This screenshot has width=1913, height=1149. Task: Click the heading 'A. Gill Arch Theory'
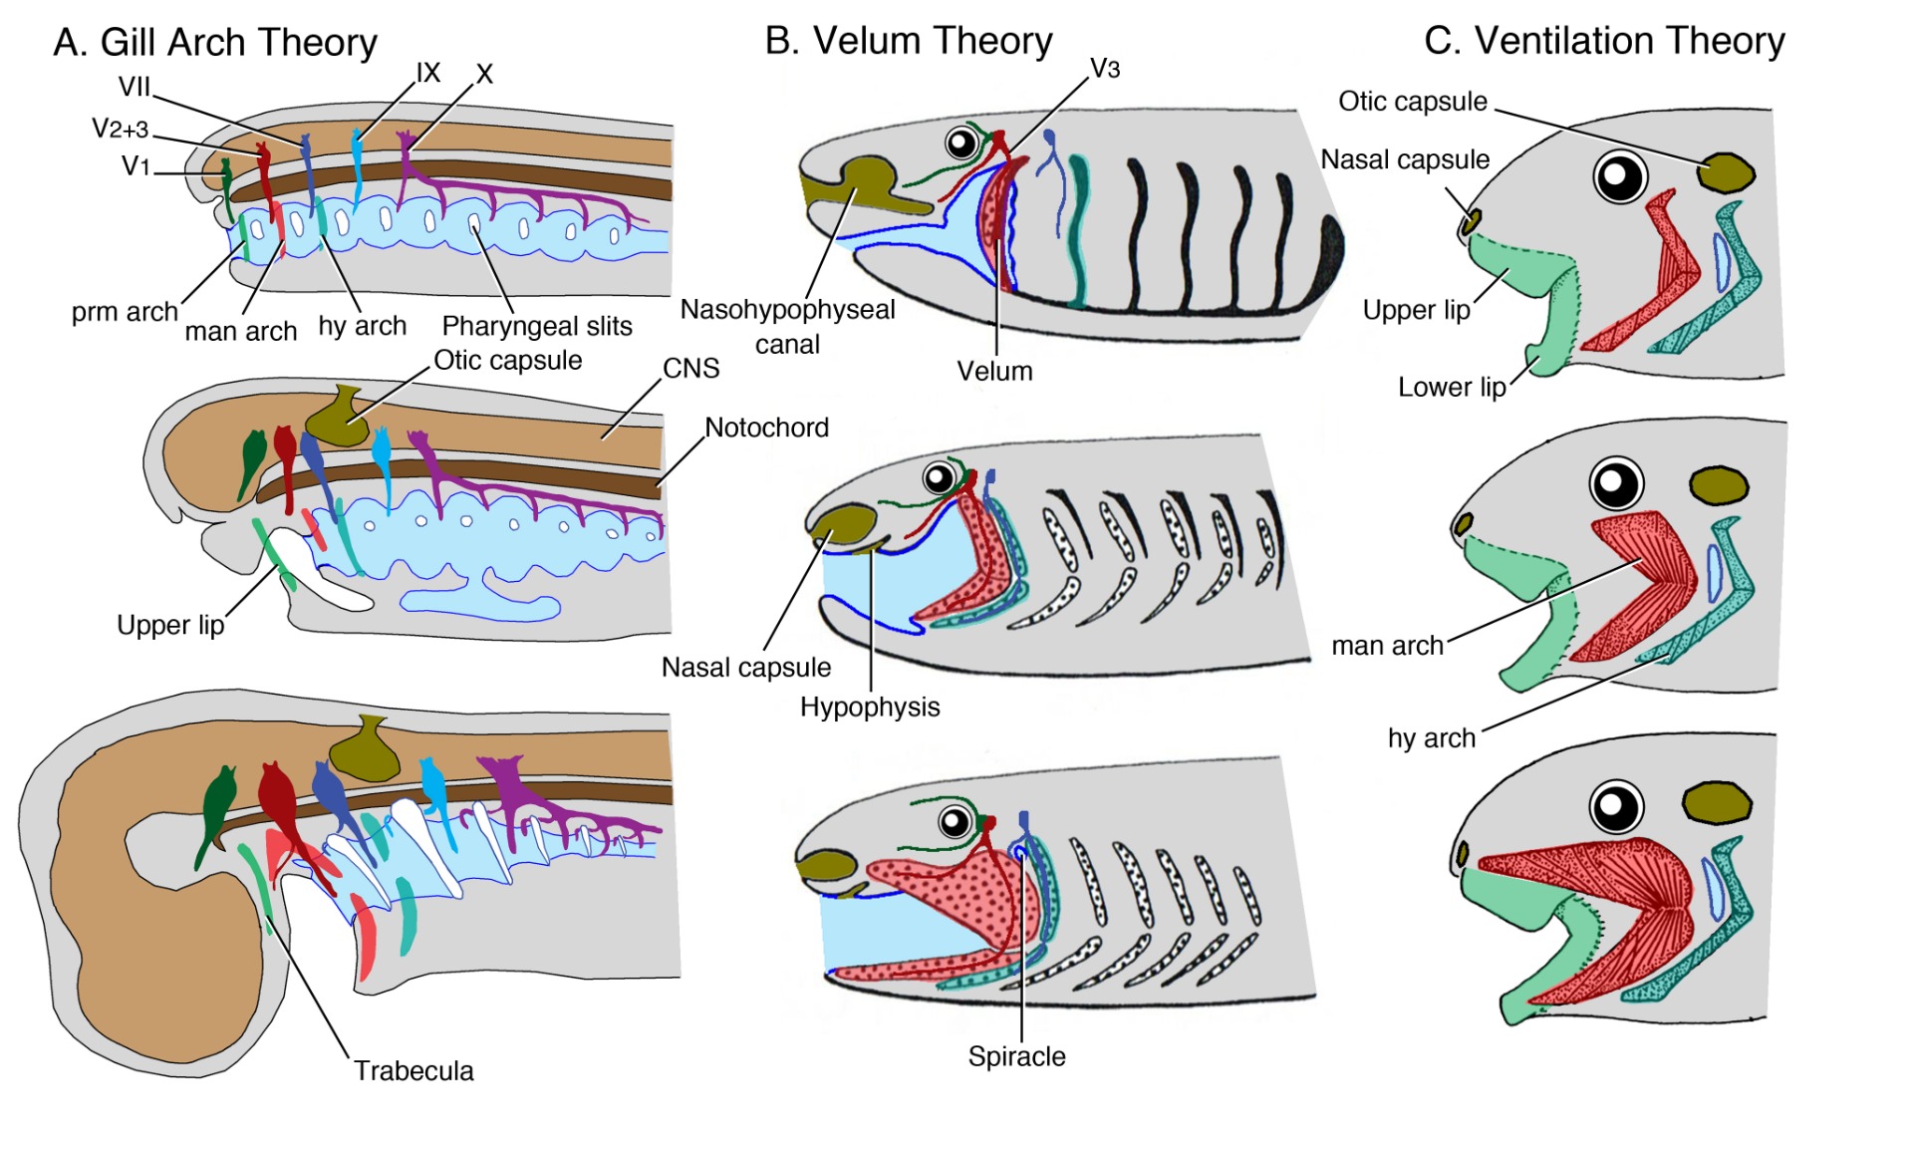pyautogui.click(x=215, y=43)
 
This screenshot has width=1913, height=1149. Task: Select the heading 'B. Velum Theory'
pyautogui.click(x=908, y=41)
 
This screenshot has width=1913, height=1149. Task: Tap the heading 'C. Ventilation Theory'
pyautogui.click(x=1604, y=41)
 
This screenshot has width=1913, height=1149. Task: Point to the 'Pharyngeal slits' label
pyautogui.click(x=537, y=326)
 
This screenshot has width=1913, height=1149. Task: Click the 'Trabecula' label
pyautogui.click(x=413, y=1071)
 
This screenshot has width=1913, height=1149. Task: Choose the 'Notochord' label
pyautogui.click(x=767, y=428)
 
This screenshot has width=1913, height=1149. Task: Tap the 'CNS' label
pyautogui.click(x=690, y=369)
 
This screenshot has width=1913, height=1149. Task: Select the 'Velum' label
pyautogui.click(x=994, y=372)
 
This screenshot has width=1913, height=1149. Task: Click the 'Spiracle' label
pyautogui.click(x=1016, y=1056)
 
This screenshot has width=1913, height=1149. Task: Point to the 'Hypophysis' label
pyautogui.click(x=870, y=708)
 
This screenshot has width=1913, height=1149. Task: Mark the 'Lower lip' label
pyautogui.click(x=1452, y=388)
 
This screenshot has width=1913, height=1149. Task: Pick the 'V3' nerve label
pyautogui.click(x=1105, y=69)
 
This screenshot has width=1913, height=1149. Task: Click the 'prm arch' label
pyautogui.click(x=125, y=312)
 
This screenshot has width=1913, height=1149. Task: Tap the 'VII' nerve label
pyautogui.click(x=135, y=87)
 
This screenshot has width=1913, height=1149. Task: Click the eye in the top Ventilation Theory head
pyautogui.click(x=1620, y=177)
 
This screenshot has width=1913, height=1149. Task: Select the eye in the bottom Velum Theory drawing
pyautogui.click(x=955, y=822)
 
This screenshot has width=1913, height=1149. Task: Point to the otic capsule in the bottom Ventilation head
pyautogui.click(x=1717, y=803)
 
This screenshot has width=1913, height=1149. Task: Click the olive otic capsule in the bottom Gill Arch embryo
pyautogui.click(x=365, y=749)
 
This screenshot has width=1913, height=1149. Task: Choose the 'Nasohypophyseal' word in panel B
pyautogui.click(x=787, y=310)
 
